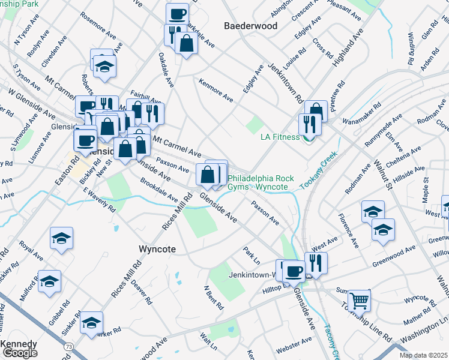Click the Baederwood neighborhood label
(250, 26)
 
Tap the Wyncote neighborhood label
(157, 248)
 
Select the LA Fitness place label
(280, 137)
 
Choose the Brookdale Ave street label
(159, 190)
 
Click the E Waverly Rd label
(99, 200)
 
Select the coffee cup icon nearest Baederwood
(177, 13)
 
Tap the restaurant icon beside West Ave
(316, 262)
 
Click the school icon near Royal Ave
(61, 238)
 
